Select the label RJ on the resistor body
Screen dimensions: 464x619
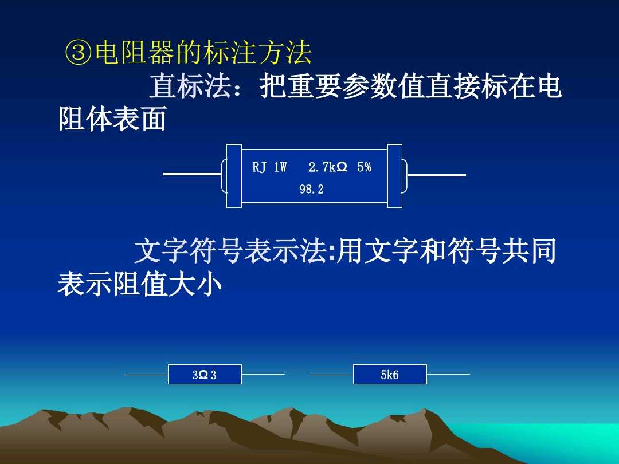click(x=259, y=167)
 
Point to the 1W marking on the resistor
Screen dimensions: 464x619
click(x=280, y=167)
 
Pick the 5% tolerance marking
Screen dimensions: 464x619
click(x=364, y=167)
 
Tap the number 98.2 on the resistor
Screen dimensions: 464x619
click(x=311, y=190)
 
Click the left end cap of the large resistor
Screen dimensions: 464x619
click(x=234, y=175)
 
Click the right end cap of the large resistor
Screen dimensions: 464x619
click(x=395, y=175)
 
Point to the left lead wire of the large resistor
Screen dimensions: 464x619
click(x=192, y=174)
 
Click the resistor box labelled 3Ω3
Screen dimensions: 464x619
click(x=205, y=375)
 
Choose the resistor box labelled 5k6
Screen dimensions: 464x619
click(x=390, y=375)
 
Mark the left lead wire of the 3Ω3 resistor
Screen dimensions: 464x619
click(x=146, y=375)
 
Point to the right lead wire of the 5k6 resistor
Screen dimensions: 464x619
click(x=448, y=375)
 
